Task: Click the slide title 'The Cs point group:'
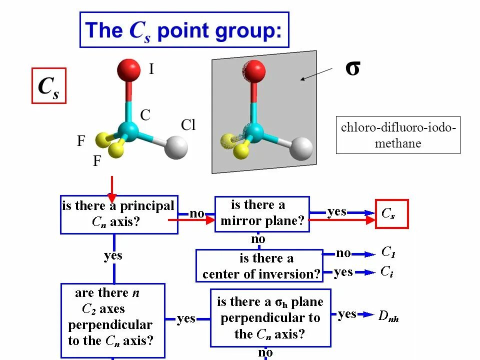184,30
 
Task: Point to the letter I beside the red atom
151,69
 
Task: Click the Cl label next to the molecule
188,125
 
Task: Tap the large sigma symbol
352,68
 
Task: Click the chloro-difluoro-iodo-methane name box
398,135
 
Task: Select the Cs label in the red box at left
49,85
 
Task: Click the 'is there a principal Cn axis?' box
119,214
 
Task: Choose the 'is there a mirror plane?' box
262,213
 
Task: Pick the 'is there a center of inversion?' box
259,266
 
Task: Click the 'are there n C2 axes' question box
113,320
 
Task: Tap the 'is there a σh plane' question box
270,317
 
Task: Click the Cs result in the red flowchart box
391,214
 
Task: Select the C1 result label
388,252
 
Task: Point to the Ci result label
386,271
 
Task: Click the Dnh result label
388,316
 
